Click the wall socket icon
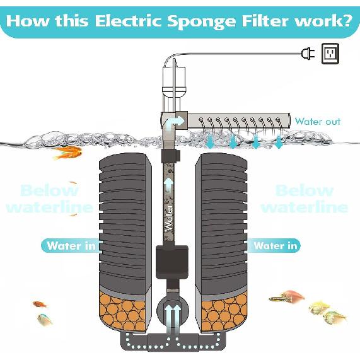[330, 53]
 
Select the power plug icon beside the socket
[308, 54]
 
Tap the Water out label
[317, 121]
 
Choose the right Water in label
[276, 246]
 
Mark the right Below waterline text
[304, 198]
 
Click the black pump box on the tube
[172, 261]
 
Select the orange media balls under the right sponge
[221, 313]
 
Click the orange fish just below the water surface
[67, 152]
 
